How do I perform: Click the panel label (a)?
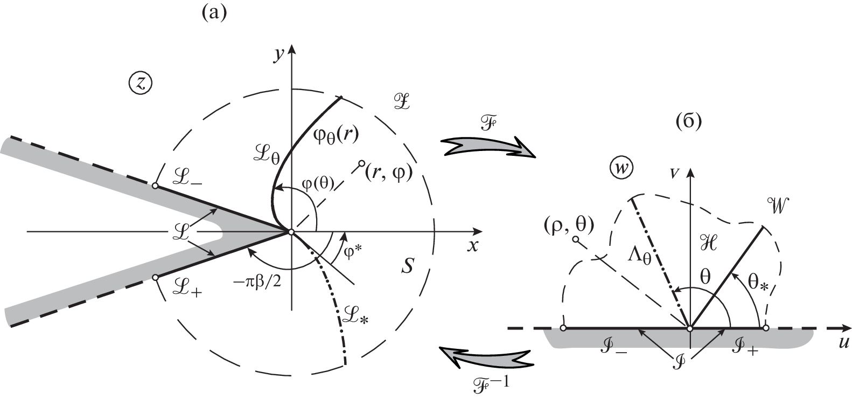point(214,13)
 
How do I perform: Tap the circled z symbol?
point(141,84)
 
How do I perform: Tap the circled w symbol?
point(623,169)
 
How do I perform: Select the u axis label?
point(843,343)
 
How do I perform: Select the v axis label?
point(674,173)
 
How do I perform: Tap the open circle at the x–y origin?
point(291,232)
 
